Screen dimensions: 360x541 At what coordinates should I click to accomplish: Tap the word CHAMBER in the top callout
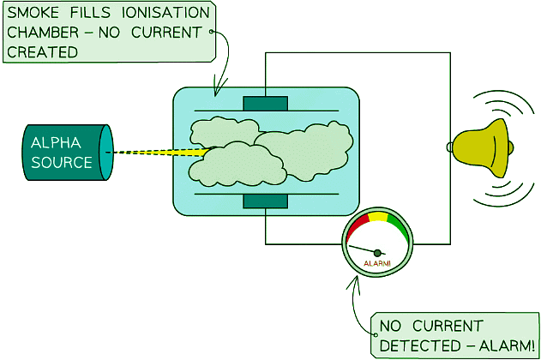tap(43, 33)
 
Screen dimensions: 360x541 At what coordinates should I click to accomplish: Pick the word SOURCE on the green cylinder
tap(61, 161)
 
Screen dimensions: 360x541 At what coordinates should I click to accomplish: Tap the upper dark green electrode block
tap(266, 104)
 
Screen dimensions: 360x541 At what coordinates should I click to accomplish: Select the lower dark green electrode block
tap(266, 201)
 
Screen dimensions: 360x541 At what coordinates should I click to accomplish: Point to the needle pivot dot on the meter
tap(376, 252)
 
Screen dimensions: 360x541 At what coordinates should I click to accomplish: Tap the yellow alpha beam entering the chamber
tap(193, 153)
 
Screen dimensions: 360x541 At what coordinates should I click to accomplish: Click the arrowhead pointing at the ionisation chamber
tap(216, 91)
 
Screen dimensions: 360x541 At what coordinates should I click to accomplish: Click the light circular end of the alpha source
tap(108, 152)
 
